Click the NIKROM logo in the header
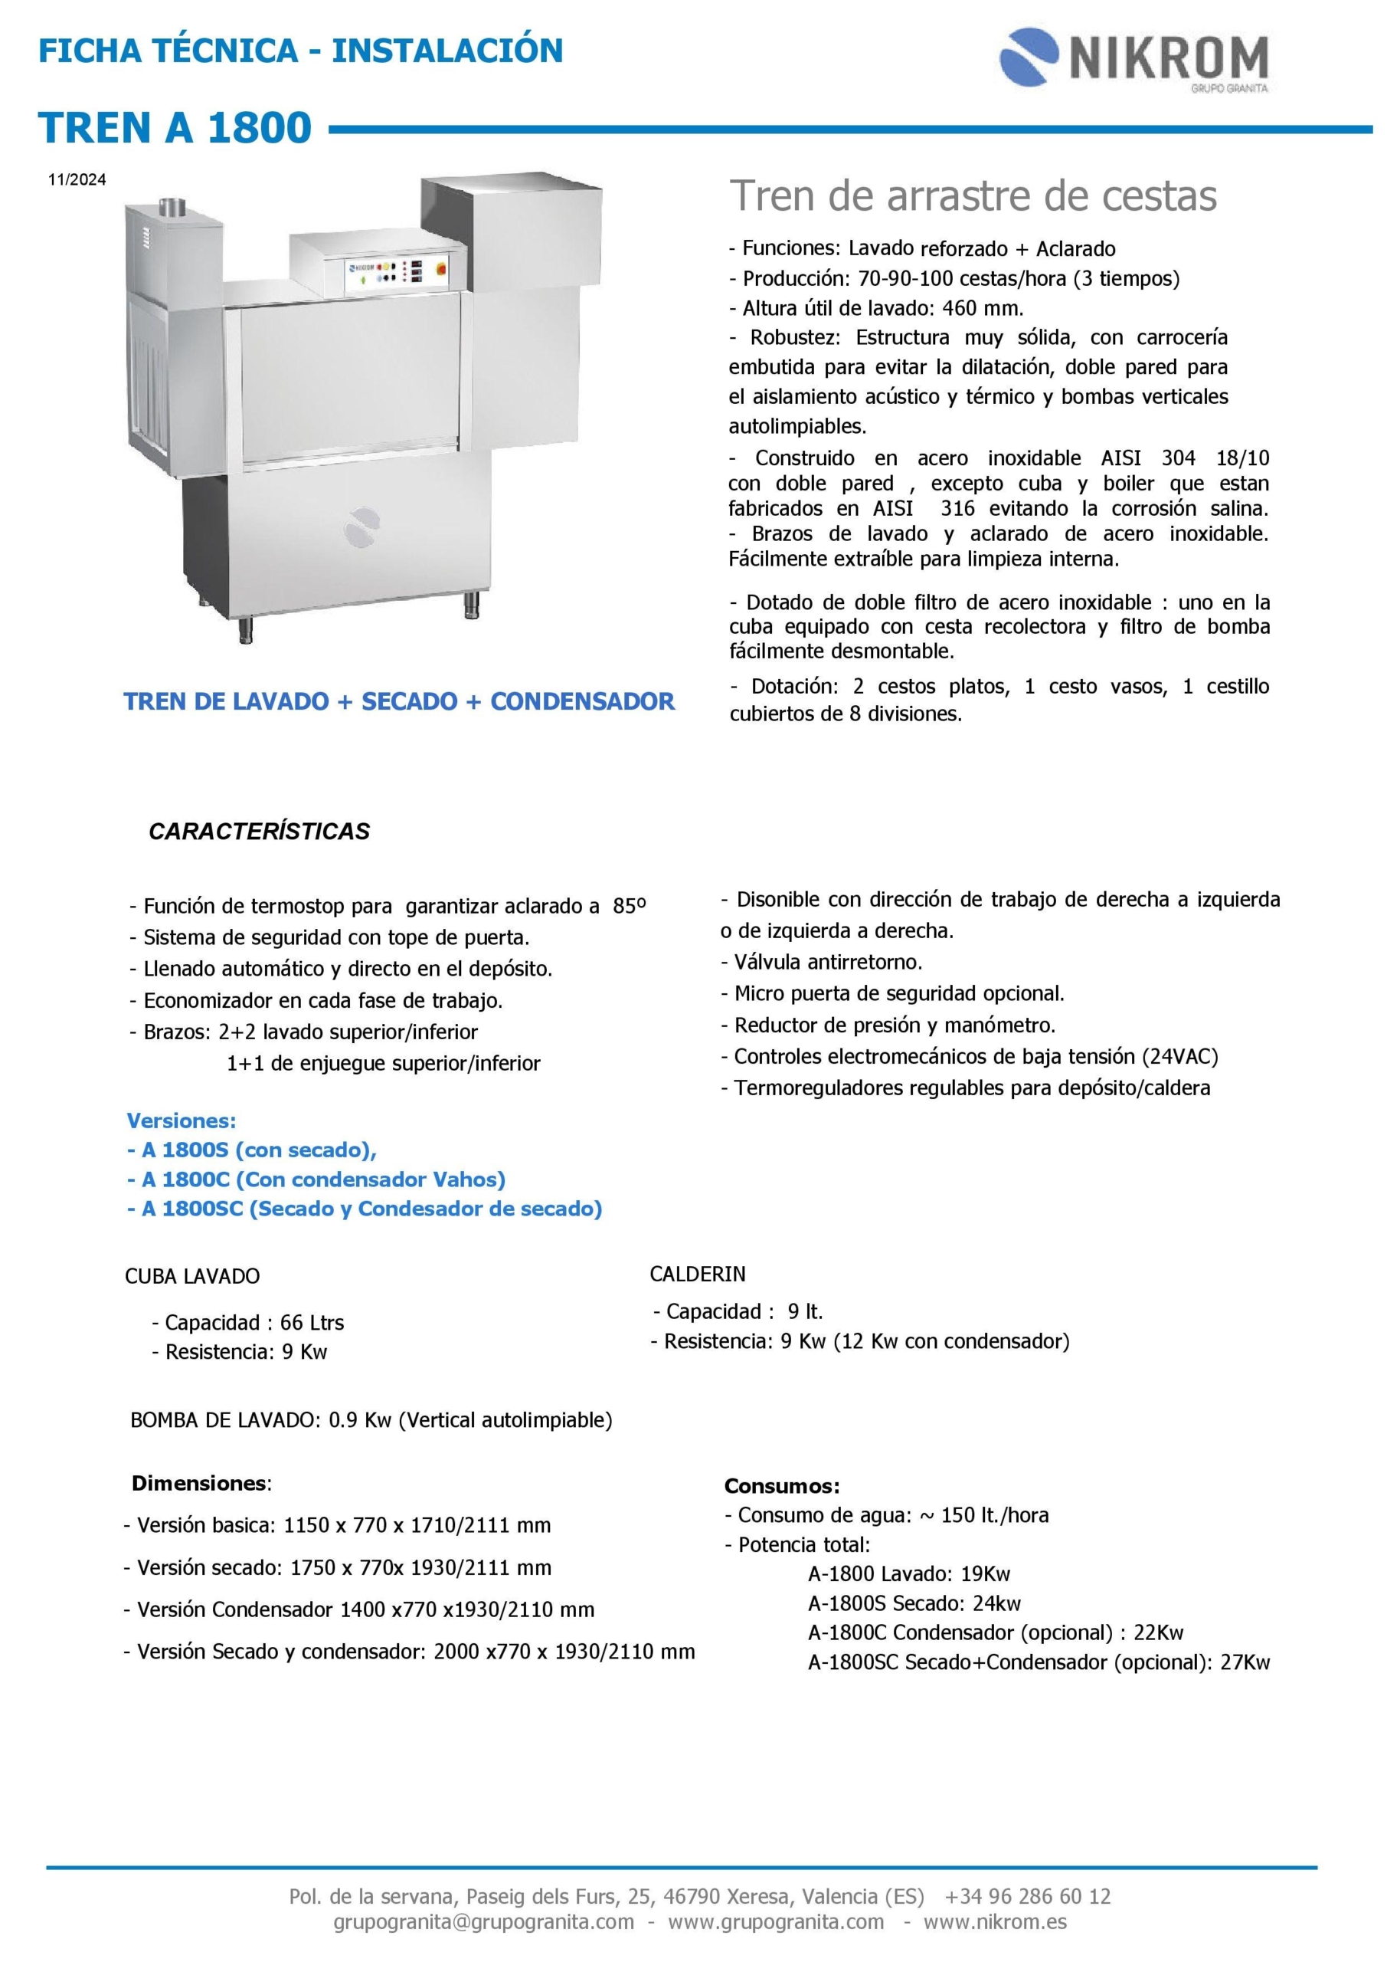pyautogui.click(x=1133, y=58)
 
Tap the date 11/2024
pyautogui.click(x=77, y=179)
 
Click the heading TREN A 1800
pyautogui.click(x=175, y=128)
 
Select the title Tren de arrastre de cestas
pyautogui.click(x=973, y=196)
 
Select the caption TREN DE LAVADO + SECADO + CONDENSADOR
pyautogui.click(x=399, y=701)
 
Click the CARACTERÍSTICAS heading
pyautogui.click(x=259, y=832)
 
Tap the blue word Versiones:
pyautogui.click(x=181, y=1120)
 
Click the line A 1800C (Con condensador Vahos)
pyautogui.click(x=316, y=1179)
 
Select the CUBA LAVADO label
pyautogui.click(x=192, y=1276)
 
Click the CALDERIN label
pyautogui.click(x=697, y=1274)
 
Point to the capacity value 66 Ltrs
pyautogui.click(x=312, y=1323)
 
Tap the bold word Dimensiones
pyautogui.click(x=199, y=1482)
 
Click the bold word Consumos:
pyautogui.click(x=781, y=1486)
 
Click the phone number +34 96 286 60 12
pyautogui.click(x=1028, y=1896)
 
